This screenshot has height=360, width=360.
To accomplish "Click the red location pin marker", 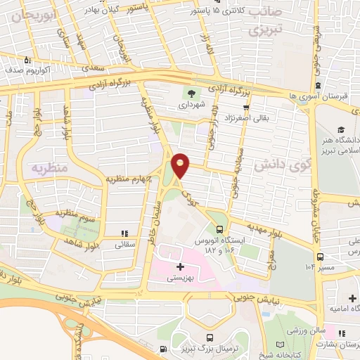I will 181,165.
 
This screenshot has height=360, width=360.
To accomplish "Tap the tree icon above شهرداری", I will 191,93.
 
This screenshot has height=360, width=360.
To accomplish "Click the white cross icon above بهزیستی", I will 181,266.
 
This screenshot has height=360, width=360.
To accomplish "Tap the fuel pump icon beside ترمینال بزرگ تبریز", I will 163,349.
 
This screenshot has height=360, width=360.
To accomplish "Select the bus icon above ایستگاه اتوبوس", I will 221,229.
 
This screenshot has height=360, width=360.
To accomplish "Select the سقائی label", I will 124,245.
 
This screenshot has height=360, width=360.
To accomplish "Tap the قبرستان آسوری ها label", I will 323,94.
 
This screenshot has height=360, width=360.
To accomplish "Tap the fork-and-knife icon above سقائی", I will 124,233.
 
